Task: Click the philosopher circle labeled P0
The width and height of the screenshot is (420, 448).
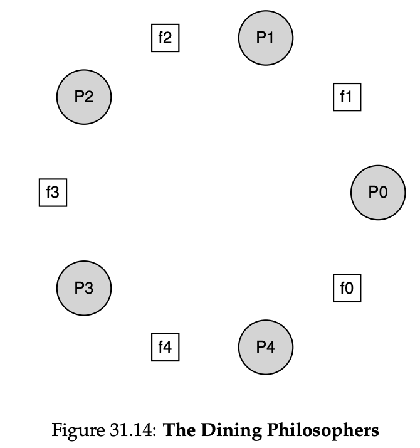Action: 378,193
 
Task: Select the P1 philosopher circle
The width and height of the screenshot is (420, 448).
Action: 266,38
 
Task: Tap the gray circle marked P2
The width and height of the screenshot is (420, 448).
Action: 84,97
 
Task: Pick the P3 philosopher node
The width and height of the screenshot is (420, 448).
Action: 84,288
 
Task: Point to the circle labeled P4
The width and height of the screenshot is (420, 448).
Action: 266,346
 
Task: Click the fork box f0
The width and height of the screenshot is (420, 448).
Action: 347,288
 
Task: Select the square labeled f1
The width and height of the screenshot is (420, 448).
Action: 347,97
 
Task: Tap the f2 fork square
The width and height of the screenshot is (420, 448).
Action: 165,38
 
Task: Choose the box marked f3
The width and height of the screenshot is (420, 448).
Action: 53,193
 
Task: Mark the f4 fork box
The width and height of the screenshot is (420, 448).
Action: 165,346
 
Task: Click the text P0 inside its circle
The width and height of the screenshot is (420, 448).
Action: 378,193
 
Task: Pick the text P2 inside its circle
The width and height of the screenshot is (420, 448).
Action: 84,97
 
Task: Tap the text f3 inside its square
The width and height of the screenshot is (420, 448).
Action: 53,193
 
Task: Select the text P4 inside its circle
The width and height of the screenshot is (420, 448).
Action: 266,346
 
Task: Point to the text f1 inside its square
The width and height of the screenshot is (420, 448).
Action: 347,97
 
